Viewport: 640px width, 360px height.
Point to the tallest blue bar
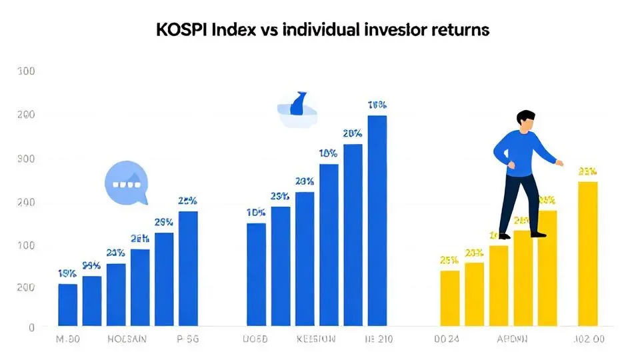point(377,220)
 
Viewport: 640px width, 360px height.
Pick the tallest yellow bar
point(587,253)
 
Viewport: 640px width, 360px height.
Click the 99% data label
point(91,265)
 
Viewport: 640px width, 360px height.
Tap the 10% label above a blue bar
point(256,213)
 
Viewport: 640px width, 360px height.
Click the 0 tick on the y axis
point(31,327)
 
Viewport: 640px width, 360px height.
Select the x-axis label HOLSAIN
point(128,339)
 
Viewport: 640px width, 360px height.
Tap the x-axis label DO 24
point(447,339)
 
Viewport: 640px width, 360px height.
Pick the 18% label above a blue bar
point(328,153)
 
